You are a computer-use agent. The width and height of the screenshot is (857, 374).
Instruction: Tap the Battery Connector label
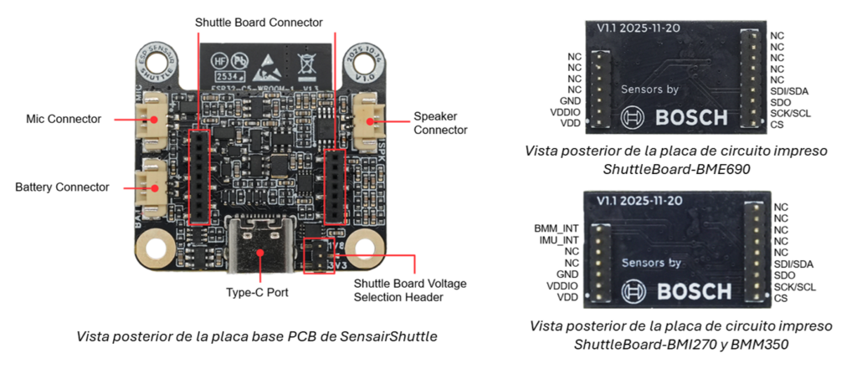point(62,187)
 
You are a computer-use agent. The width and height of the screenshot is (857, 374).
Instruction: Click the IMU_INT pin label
point(553,239)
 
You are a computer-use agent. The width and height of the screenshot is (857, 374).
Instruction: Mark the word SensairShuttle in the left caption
point(390,337)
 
